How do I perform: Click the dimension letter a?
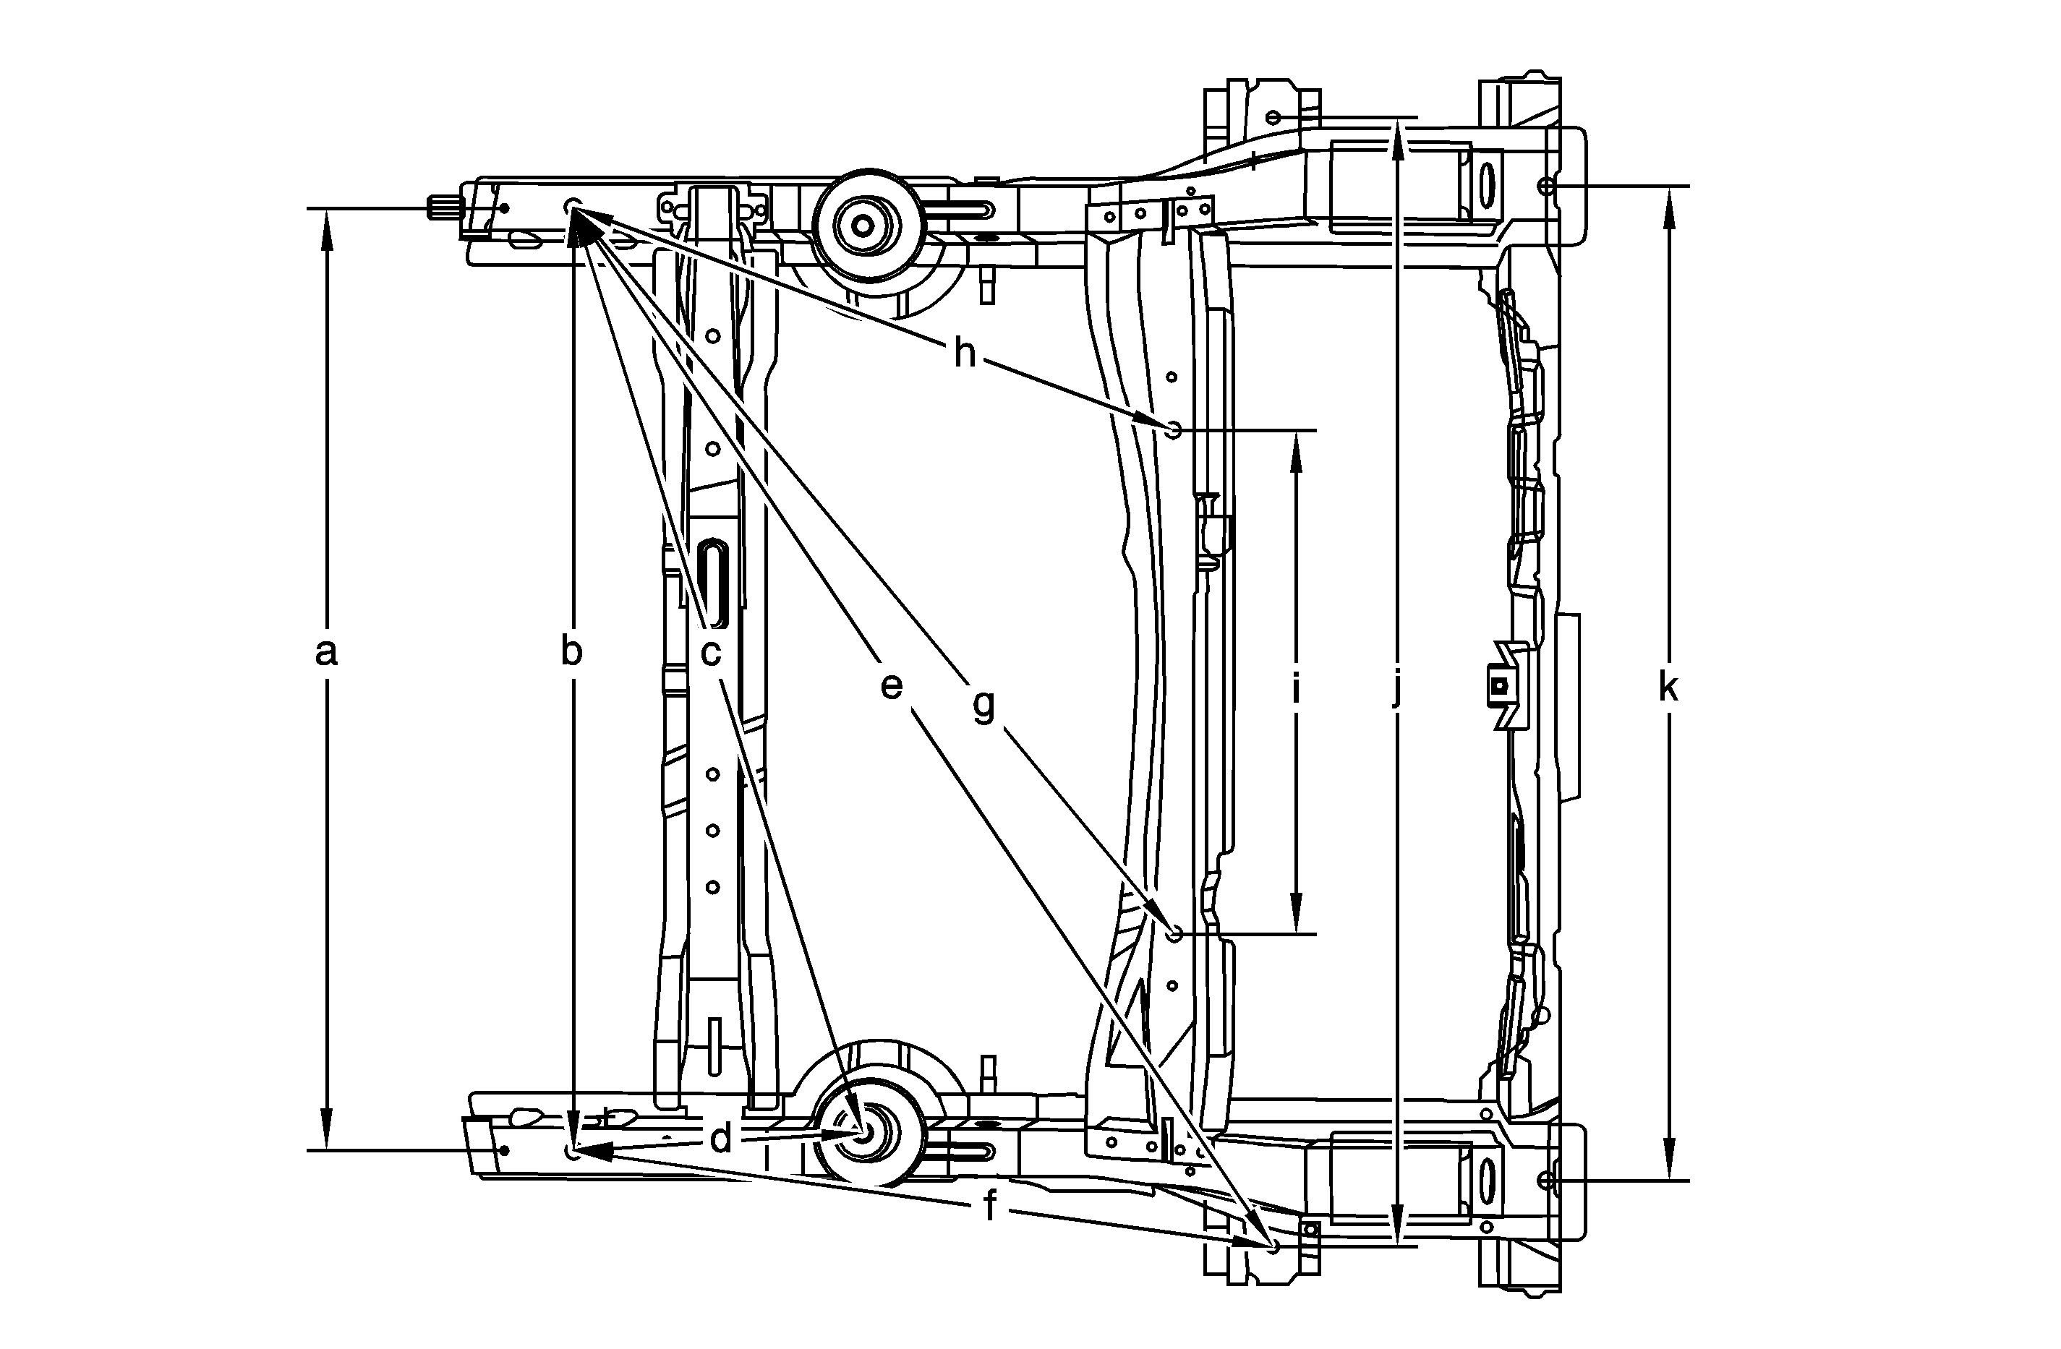[x=325, y=653]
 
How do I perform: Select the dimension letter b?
[x=571, y=653]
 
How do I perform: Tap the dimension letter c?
[x=710, y=653]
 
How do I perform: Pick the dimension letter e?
[x=891, y=687]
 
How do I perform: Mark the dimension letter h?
[x=964, y=354]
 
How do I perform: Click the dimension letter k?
[x=1668, y=688]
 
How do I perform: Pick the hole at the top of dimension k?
[x=1547, y=185]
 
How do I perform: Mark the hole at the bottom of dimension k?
[x=1547, y=1180]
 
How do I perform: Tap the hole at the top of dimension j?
[x=1272, y=117]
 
